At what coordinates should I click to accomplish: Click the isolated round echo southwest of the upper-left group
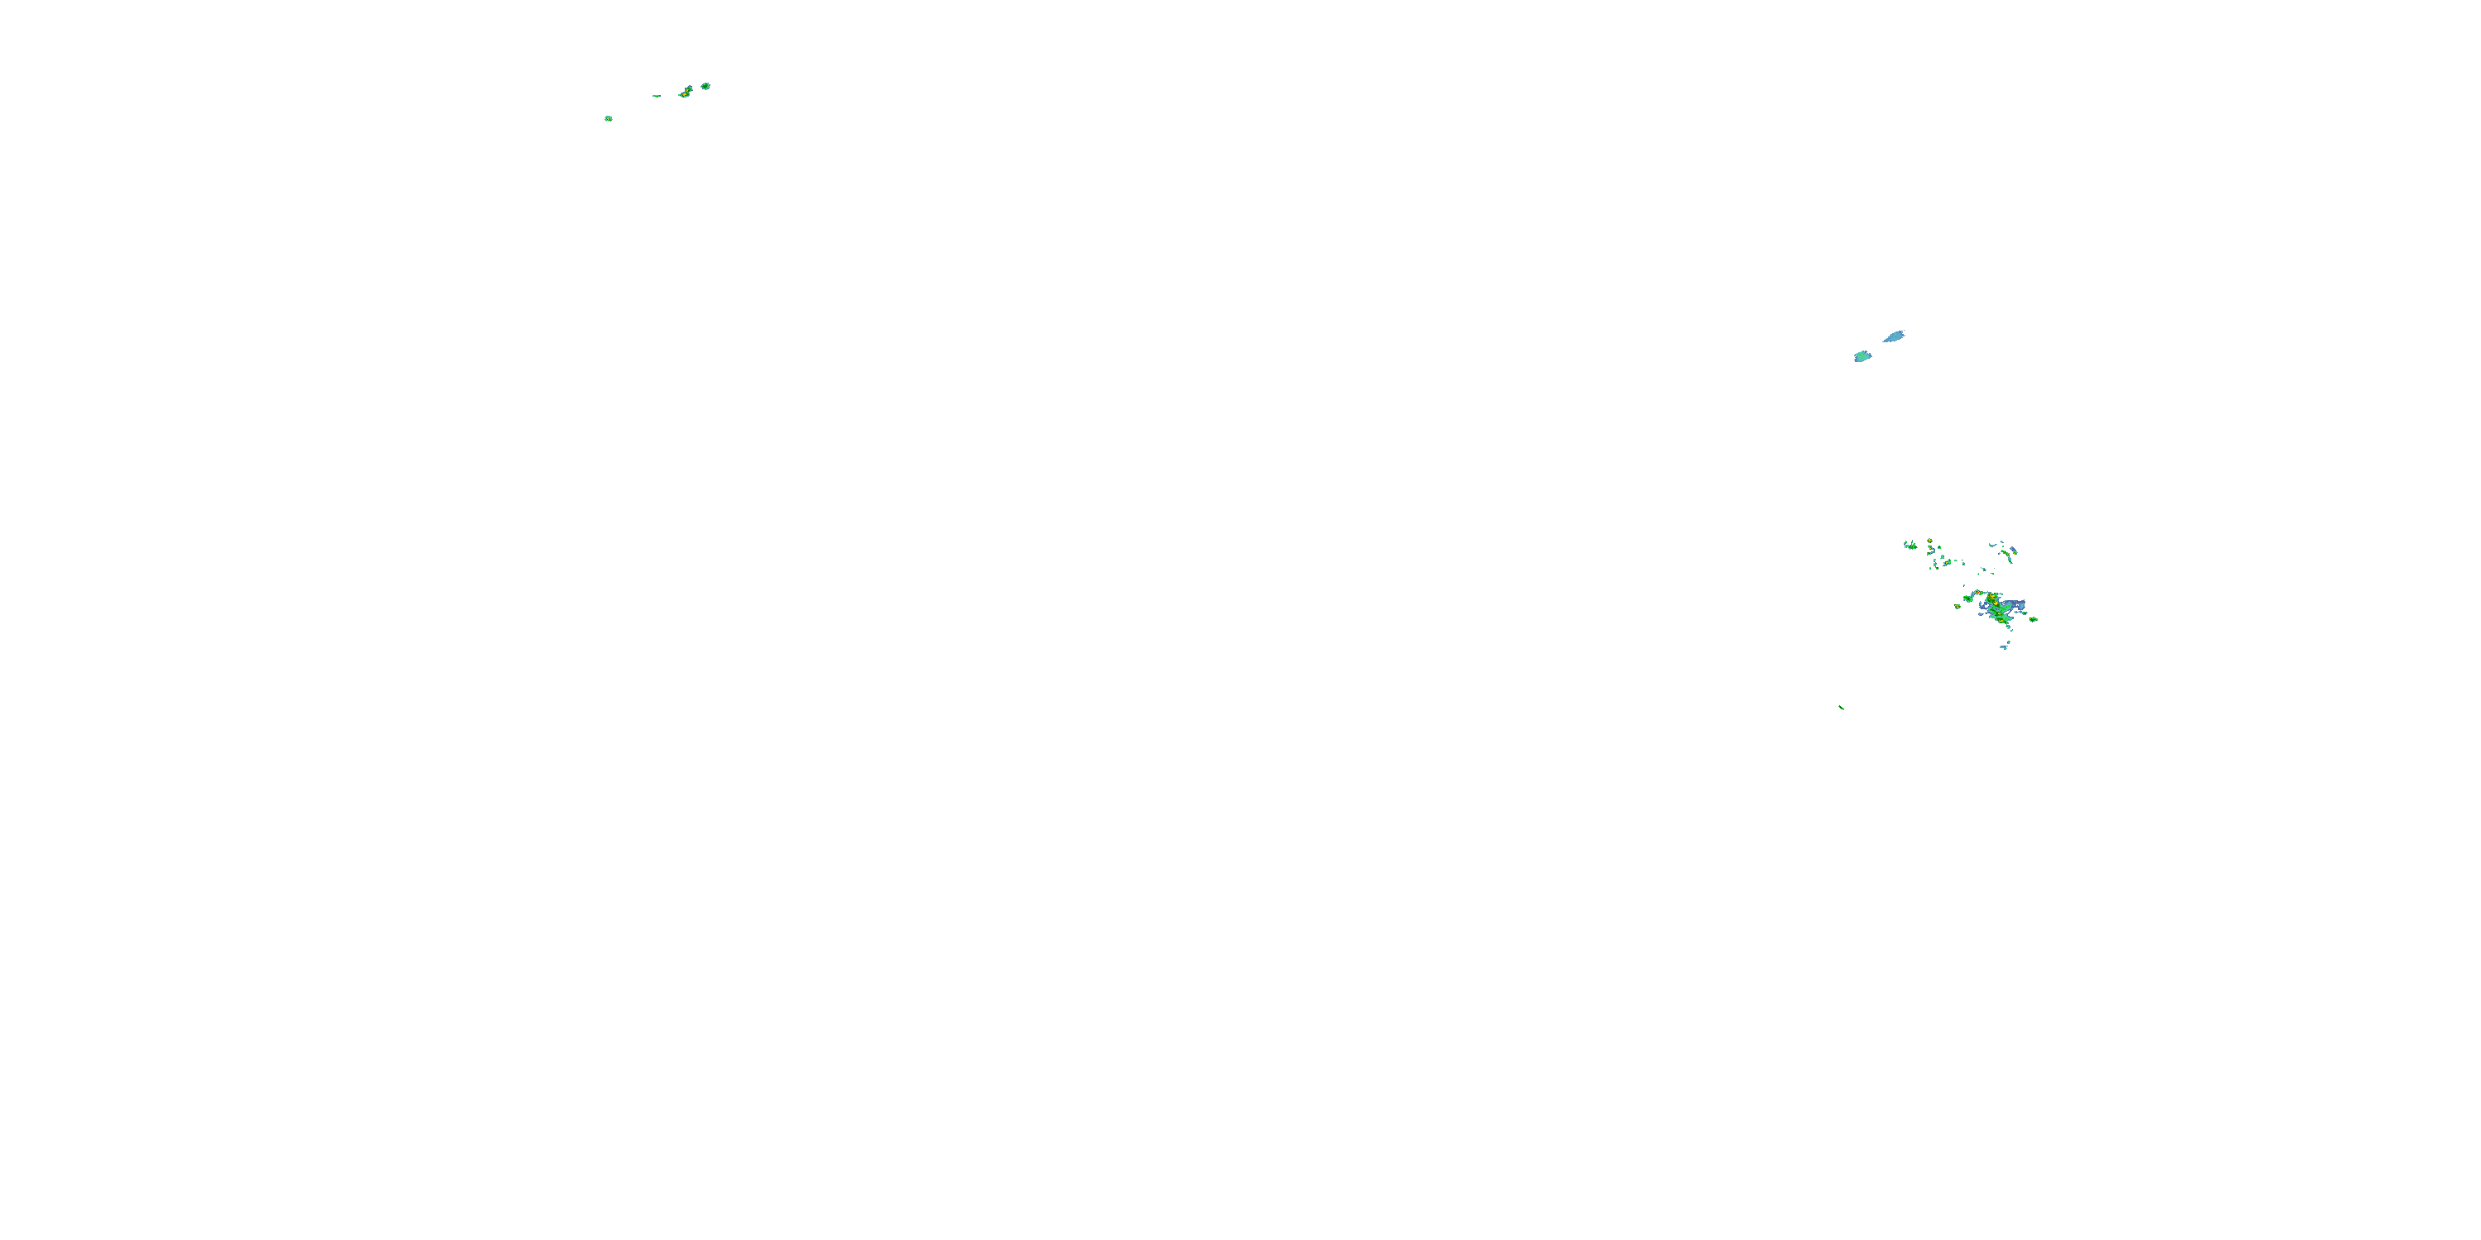608,118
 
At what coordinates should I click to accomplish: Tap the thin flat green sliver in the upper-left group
656,95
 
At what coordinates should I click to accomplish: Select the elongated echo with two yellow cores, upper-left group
686,92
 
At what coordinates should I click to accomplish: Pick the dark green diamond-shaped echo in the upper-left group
705,86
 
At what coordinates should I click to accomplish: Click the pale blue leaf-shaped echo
1895,336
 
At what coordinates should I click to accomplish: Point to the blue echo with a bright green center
1862,356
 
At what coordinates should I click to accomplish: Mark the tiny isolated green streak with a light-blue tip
1842,708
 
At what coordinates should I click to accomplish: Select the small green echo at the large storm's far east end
2034,620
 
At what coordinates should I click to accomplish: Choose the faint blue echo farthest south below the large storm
2005,648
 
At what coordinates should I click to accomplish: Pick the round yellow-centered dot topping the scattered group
1930,541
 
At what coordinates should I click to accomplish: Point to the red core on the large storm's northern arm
1979,593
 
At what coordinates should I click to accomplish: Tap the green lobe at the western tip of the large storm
1968,600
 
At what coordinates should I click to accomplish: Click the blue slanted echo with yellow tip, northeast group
2015,551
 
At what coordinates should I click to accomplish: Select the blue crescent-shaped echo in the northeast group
1994,546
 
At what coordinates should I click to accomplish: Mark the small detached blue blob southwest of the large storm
1981,615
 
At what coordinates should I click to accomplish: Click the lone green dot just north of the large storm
1965,586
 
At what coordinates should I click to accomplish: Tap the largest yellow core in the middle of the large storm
1996,603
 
